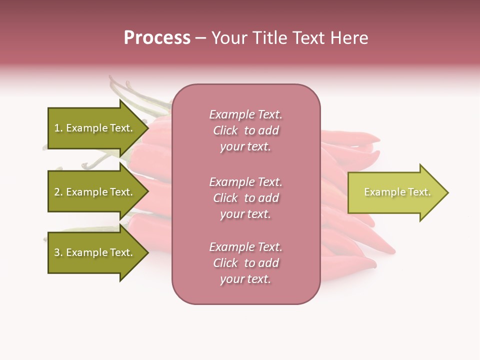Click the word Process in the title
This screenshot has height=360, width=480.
click(157, 38)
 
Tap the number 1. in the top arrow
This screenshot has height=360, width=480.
click(58, 128)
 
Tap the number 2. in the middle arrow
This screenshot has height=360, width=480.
click(58, 192)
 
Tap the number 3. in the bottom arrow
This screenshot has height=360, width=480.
click(58, 253)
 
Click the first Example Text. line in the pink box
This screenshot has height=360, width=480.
click(245, 114)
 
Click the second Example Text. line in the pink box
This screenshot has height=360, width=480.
click(245, 182)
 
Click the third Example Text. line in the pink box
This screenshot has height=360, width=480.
click(245, 247)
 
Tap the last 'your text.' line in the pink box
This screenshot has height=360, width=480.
click(245, 279)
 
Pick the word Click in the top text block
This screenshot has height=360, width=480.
click(225, 131)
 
